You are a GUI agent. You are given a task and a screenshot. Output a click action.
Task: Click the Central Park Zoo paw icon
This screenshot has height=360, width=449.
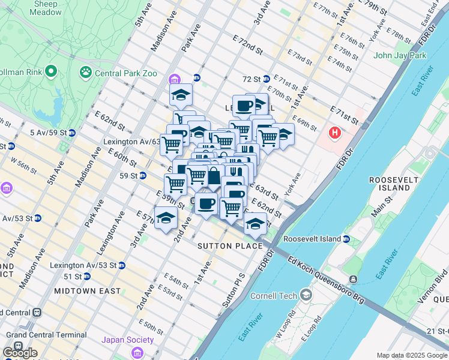(86, 73)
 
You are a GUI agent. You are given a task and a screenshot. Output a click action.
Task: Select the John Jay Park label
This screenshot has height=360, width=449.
(400, 56)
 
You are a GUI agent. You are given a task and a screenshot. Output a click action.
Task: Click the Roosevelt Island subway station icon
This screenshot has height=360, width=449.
(346, 239)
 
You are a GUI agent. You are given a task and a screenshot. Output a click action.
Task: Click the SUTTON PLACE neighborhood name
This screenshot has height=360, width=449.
(231, 246)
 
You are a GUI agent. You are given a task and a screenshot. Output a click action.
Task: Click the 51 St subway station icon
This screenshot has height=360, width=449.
(86, 277)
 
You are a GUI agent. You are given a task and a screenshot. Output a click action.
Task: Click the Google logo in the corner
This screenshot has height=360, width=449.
(20, 353)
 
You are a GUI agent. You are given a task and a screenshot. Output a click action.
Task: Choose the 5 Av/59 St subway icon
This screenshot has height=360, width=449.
(71, 133)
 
